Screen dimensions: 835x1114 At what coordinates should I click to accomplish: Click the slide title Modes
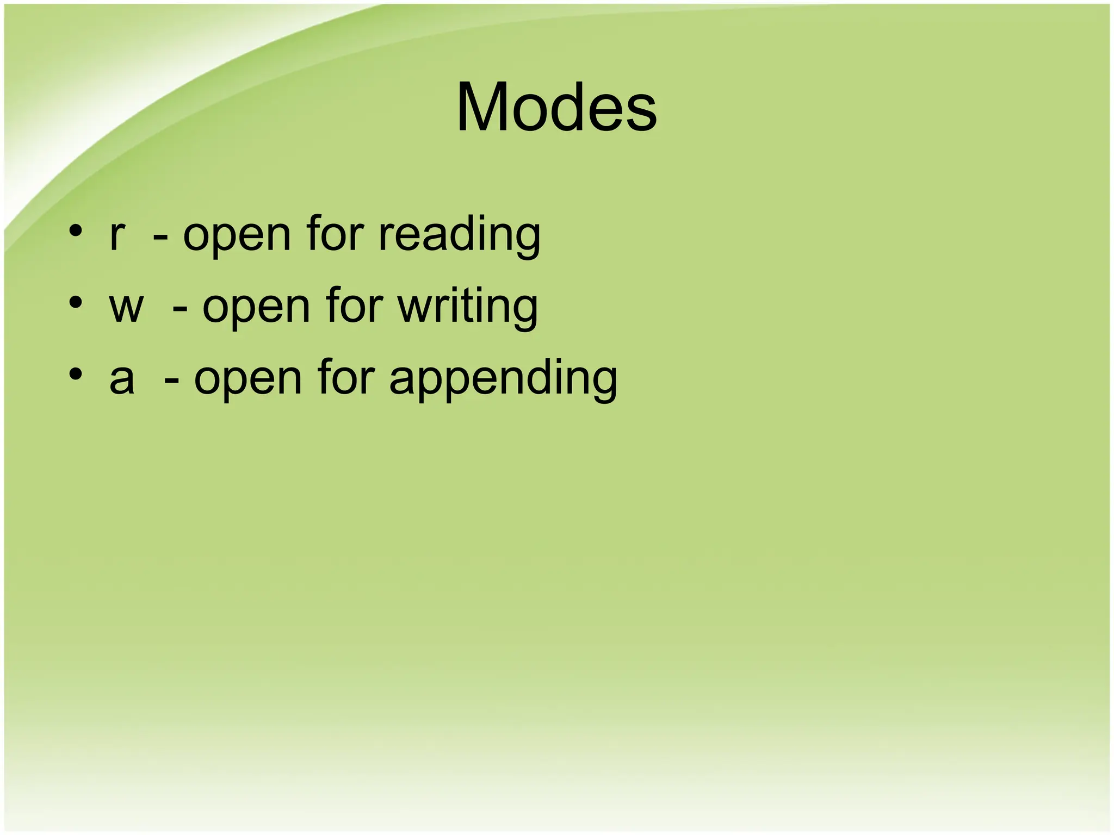pyautogui.click(x=556, y=107)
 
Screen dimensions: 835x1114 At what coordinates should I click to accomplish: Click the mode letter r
pyautogui.click(x=117, y=236)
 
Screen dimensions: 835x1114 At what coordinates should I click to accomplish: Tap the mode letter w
pyautogui.click(x=126, y=308)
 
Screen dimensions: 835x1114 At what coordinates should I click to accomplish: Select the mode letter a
pyautogui.click(x=122, y=379)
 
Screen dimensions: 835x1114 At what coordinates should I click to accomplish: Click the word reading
pyautogui.click(x=459, y=236)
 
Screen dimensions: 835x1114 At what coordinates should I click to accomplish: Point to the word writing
pyautogui.click(x=468, y=308)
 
